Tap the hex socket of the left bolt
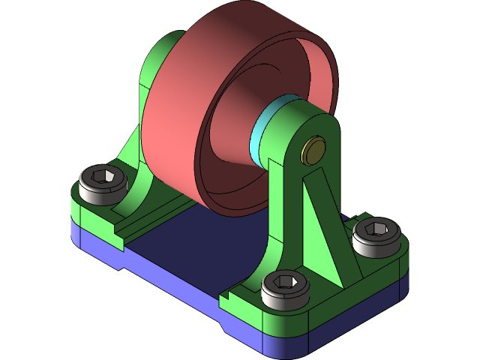[x=103, y=177]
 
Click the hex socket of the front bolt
[x=286, y=281]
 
